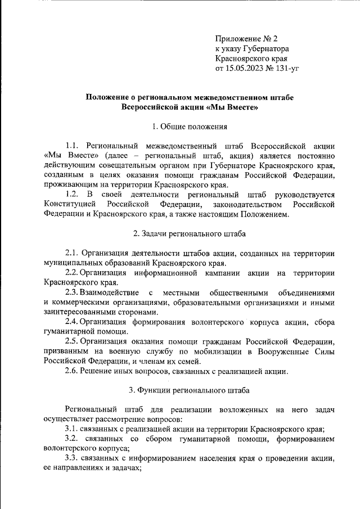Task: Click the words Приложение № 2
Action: [246, 38]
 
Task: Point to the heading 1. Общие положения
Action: [189, 127]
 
